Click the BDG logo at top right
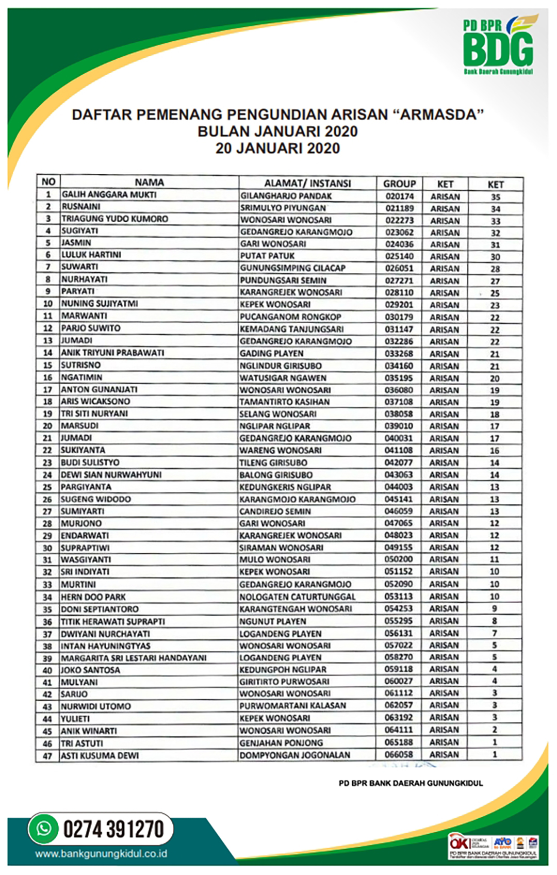click(x=498, y=47)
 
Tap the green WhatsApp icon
click(x=43, y=829)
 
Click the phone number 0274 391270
click(x=113, y=829)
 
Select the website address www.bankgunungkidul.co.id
click(x=101, y=854)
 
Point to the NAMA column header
click(x=149, y=183)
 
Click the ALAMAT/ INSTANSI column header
click(x=307, y=183)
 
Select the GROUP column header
click(x=399, y=184)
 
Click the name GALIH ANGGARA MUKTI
click(x=109, y=195)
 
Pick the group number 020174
click(x=399, y=196)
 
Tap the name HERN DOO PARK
click(x=93, y=597)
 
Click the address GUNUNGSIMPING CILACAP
click(x=292, y=268)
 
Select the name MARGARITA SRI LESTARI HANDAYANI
click(x=134, y=658)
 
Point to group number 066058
click(x=399, y=754)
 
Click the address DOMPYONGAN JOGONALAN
click(x=294, y=755)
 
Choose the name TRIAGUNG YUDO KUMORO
click(x=114, y=219)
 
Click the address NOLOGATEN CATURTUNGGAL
click(x=298, y=597)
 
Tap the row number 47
click(x=47, y=756)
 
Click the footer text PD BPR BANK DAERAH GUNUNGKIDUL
click(x=411, y=783)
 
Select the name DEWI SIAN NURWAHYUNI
click(x=111, y=475)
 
